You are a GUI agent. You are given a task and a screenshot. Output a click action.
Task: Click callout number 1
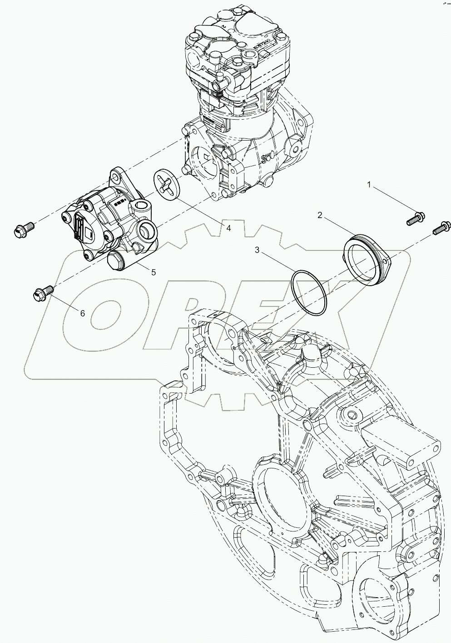370,185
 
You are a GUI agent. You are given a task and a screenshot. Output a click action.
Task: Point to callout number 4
228,228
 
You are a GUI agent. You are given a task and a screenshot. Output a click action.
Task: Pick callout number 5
154,272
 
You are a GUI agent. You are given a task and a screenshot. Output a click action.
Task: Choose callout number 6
82,313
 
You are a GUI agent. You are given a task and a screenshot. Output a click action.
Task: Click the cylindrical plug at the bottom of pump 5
117,262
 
